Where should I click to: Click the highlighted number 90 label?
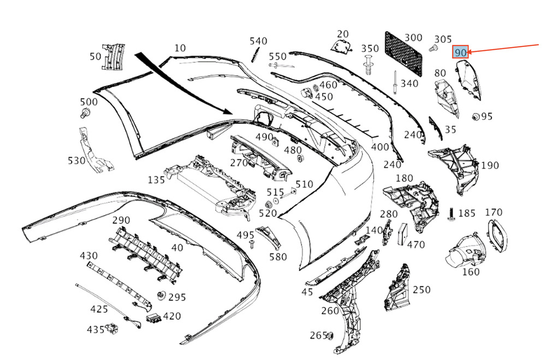click(461, 52)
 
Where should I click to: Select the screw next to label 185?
click(452, 214)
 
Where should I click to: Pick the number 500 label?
click(88, 102)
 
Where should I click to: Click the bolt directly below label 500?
click(85, 113)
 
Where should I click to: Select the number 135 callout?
click(157, 180)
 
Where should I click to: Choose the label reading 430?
click(88, 256)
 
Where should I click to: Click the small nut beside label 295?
click(161, 296)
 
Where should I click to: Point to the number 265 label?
click(317, 335)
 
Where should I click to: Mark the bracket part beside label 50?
click(112, 56)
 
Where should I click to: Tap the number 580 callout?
click(278, 256)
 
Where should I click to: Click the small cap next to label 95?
click(474, 116)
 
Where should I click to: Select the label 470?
click(416, 245)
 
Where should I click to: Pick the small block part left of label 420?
click(153, 317)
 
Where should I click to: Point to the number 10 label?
click(180, 48)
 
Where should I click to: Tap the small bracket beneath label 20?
click(342, 48)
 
